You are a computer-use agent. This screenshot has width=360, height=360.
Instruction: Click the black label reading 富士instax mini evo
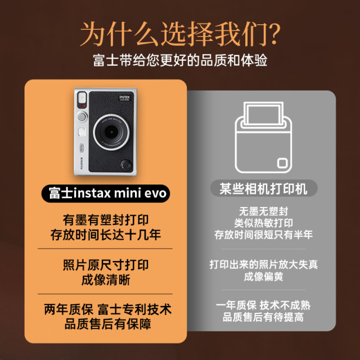click(106, 192)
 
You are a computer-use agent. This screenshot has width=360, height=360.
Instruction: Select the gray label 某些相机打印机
click(260, 188)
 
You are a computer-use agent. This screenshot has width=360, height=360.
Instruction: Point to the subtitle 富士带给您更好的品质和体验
click(180, 60)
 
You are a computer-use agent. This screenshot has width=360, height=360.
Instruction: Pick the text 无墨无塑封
click(260, 212)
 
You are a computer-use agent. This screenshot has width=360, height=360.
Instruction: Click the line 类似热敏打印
click(260, 223)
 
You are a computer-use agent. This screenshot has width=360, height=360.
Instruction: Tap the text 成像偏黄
click(260, 276)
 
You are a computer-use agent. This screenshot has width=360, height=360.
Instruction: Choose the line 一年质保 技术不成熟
click(260, 305)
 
